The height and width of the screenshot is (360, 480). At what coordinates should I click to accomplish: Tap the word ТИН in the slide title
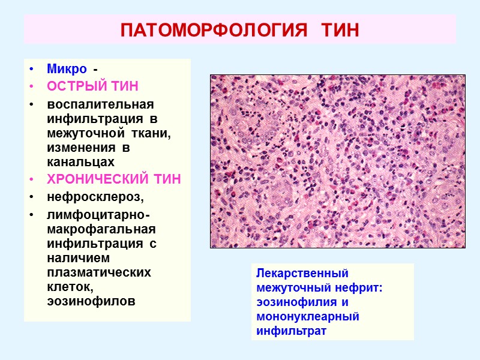click(338, 30)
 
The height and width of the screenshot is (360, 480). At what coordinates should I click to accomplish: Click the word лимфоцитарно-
click(98, 215)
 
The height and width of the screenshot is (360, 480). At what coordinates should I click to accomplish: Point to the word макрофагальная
click(101, 229)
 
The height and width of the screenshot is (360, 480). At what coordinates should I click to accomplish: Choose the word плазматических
click(98, 272)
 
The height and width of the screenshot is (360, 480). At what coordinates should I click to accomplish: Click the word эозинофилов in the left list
click(91, 301)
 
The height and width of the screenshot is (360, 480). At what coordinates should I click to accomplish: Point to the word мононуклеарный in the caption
click(307, 316)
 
